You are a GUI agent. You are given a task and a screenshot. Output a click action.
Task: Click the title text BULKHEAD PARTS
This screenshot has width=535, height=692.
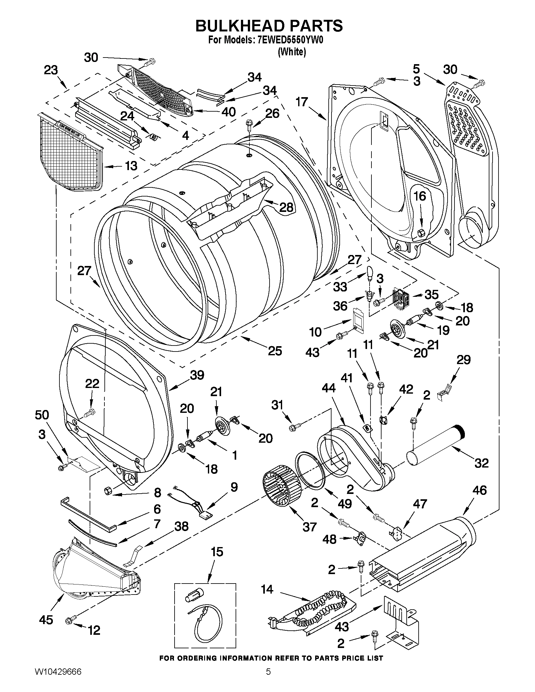269,26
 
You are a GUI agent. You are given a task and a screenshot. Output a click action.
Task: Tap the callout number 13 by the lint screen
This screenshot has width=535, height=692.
131,165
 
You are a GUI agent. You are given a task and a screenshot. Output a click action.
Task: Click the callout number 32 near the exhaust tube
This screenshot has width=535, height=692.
482,463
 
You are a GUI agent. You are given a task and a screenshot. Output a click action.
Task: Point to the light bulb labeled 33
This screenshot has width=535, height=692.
370,273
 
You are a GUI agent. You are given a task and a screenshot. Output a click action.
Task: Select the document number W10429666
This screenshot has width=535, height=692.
58,678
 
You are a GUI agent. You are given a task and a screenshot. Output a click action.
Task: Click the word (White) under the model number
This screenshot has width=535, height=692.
292,52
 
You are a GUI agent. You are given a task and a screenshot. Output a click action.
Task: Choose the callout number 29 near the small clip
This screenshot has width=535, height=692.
463,360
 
